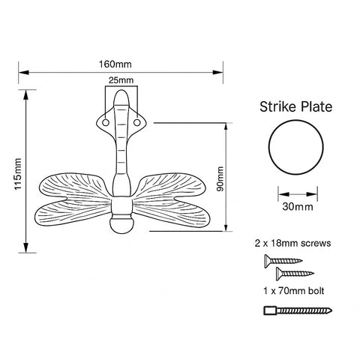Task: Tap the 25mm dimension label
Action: [121, 79]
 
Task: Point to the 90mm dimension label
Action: [220, 179]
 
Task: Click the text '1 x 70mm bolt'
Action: [292, 289]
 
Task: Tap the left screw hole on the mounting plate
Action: [106, 119]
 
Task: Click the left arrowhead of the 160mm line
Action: [23, 72]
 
